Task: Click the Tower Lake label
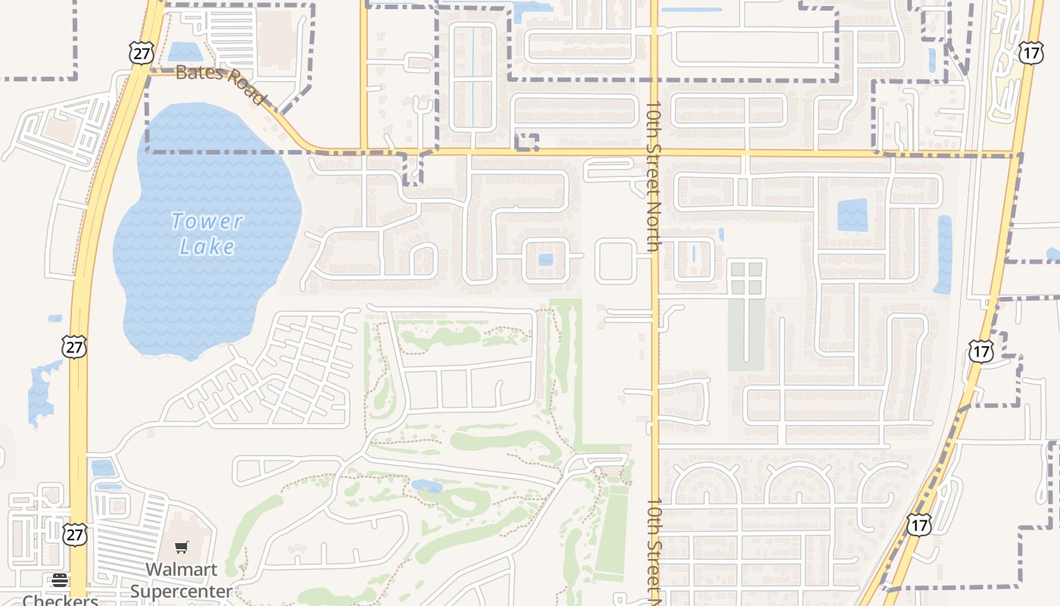pyautogui.click(x=207, y=233)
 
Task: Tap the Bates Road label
pyautogui.click(x=220, y=84)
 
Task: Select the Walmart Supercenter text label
pyautogui.click(x=182, y=579)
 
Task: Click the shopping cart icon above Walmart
pyautogui.click(x=182, y=547)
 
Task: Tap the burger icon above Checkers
pyautogui.click(x=60, y=580)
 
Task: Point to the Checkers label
pyautogui.click(x=61, y=600)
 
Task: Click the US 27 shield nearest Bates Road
pyautogui.click(x=142, y=52)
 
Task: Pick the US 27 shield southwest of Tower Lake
pyautogui.click(x=74, y=347)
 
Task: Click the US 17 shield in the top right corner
pyautogui.click(x=1030, y=52)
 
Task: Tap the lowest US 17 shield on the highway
pyautogui.click(x=919, y=524)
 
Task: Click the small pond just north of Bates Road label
pyautogui.click(x=185, y=52)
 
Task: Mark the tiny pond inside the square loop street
pyautogui.click(x=546, y=260)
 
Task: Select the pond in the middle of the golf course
pyautogui.click(x=427, y=486)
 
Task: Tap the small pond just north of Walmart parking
pyautogui.click(x=104, y=467)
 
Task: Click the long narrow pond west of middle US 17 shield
pyautogui.click(x=943, y=255)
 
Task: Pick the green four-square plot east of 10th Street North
pyautogui.click(x=747, y=278)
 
